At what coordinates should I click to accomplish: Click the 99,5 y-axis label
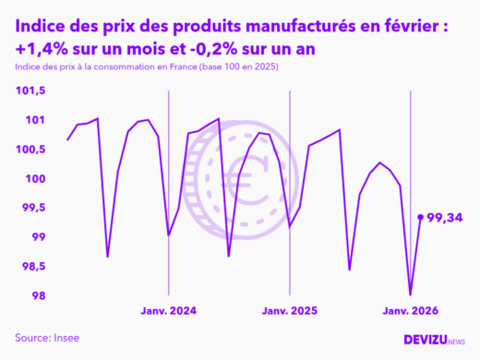point(32,208)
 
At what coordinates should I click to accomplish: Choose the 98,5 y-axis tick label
point(32,267)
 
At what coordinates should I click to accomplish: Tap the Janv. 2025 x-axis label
point(290,311)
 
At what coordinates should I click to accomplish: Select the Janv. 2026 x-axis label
point(411,311)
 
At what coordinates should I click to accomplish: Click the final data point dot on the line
point(421,217)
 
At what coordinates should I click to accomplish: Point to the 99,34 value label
point(445,217)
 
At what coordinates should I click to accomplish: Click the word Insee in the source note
point(66,337)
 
